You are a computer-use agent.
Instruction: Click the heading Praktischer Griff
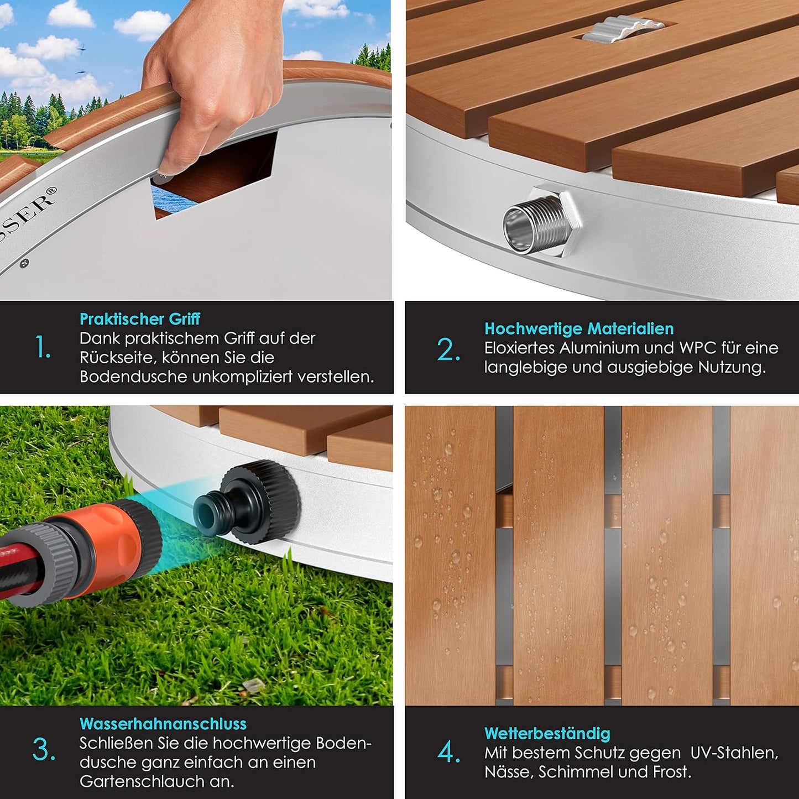[140, 319]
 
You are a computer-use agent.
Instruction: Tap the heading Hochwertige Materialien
[579, 329]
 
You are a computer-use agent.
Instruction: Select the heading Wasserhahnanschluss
[163, 724]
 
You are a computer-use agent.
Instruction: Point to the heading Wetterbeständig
[547, 734]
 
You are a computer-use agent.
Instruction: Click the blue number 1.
[43, 347]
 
